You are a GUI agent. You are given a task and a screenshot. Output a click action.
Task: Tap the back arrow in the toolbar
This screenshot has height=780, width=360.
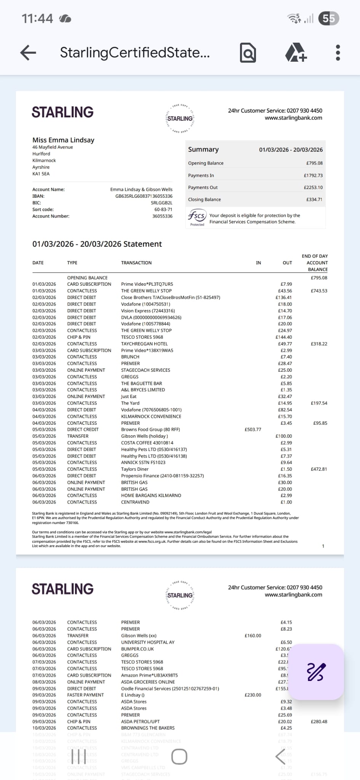click(28, 53)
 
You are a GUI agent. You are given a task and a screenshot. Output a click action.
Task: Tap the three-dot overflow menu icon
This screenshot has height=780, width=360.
click(338, 53)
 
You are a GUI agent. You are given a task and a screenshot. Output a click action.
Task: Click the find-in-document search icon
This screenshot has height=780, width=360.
click(248, 53)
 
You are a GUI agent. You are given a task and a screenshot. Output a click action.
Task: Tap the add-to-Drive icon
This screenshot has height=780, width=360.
click(296, 53)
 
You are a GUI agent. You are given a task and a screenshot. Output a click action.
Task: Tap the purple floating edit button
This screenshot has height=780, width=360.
click(316, 672)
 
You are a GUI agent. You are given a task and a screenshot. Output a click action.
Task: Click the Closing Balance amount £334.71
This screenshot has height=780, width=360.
click(314, 200)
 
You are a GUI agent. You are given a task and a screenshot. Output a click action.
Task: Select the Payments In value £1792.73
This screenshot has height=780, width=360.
click(313, 176)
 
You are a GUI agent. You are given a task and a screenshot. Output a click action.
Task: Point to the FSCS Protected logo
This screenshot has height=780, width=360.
click(197, 218)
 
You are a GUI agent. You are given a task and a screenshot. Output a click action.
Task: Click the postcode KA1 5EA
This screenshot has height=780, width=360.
click(41, 174)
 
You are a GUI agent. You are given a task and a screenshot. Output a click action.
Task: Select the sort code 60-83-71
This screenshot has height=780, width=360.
click(163, 209)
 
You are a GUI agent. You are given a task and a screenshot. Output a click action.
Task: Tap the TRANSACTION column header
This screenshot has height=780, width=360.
click(136, 263)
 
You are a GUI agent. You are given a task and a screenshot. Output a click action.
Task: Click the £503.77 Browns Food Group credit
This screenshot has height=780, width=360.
click(253, 430)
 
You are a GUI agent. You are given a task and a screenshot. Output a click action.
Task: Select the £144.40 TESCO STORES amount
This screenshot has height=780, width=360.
click(284, 337)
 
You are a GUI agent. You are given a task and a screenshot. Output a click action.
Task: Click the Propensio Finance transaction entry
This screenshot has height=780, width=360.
click(162, 476)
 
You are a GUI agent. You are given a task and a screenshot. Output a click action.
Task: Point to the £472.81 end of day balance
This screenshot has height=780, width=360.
click(319, 469)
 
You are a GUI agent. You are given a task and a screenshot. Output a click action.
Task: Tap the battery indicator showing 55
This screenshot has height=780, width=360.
click(329, 18)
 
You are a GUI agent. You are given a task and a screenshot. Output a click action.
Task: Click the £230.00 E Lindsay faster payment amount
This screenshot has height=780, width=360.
click(253, 695)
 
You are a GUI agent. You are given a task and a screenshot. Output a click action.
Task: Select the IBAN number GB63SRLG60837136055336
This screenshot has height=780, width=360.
click(144, 196)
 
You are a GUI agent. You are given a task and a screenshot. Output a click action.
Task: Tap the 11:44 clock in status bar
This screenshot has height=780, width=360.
click(37, 18)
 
